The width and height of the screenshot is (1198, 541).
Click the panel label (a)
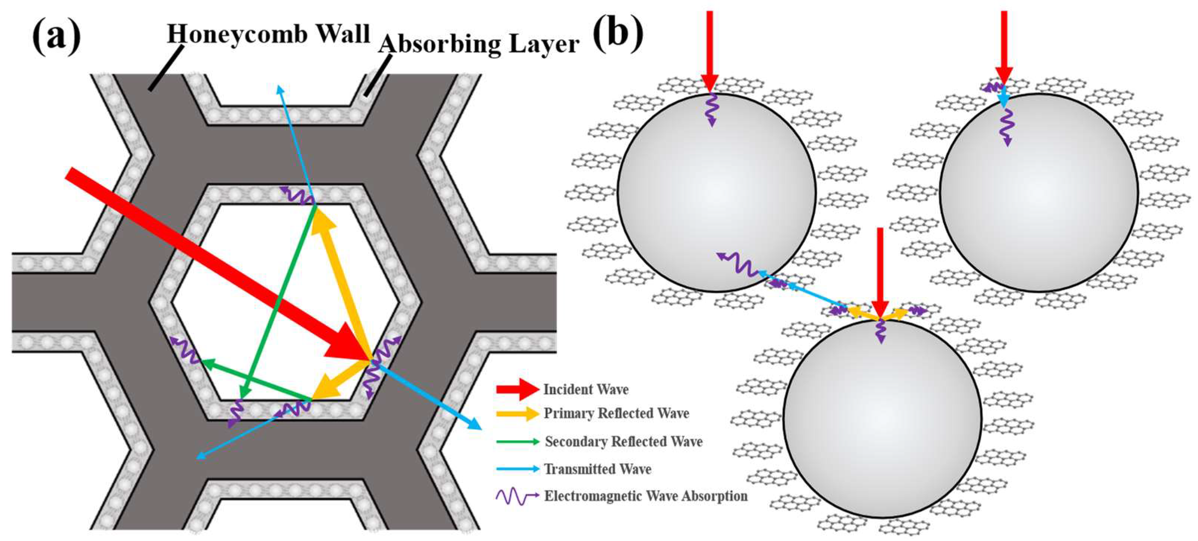point(56,37)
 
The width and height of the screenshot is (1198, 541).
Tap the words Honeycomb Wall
point(268,34)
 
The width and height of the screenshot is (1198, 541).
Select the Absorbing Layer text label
point(479,45)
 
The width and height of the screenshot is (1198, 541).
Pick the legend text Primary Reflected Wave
point(616,413)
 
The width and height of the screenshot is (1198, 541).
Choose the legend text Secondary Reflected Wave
point(623,441)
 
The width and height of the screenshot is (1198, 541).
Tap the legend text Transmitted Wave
point(598,469)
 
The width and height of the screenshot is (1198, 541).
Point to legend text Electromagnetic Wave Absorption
point(645,496)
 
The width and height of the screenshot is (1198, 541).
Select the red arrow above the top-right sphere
point(1003,47)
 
